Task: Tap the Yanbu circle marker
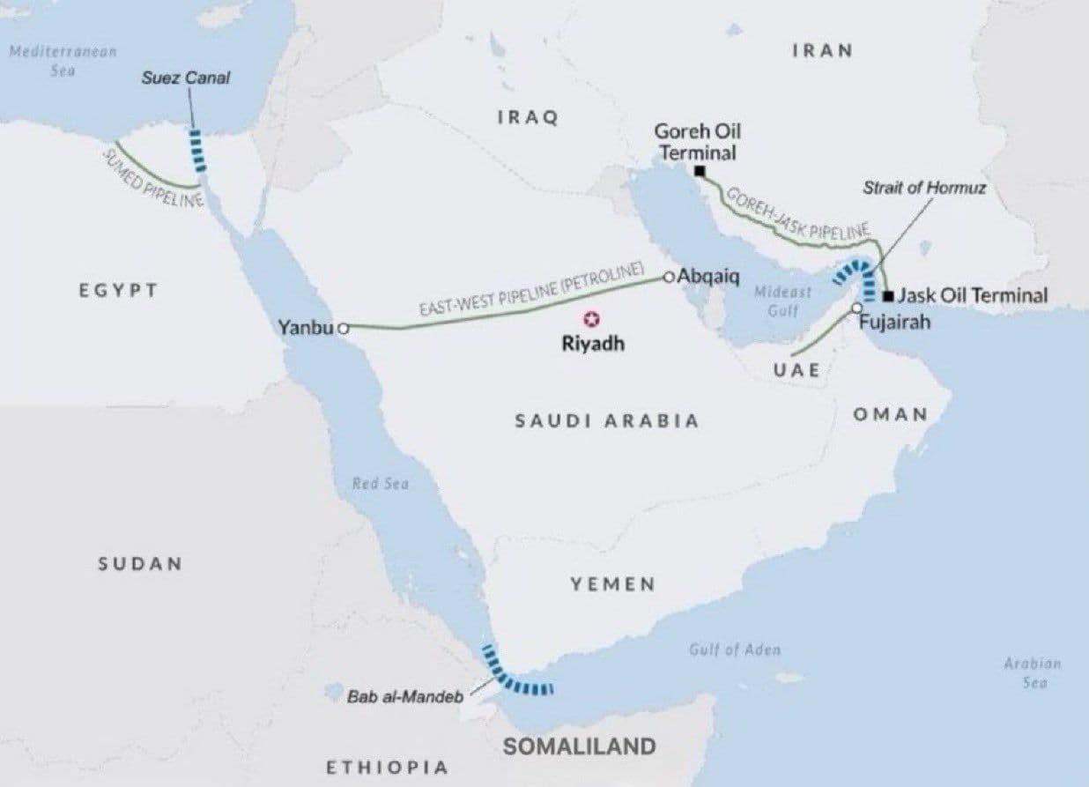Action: [x=344, y=328]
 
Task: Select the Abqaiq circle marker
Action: [x=669, y=277]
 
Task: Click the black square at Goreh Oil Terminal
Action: [x=699, y=171]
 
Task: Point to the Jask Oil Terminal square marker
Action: [x=888, y=295]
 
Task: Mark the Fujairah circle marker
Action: [x=856, y=308]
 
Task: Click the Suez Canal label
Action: [x=186, y=78]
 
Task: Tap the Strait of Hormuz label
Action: [x=924, y=188]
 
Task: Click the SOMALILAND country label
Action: [x=579, y=746]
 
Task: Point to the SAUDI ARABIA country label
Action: [x=607, y=420]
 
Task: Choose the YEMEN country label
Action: [x=612, y=583]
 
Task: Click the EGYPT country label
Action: [x=118, y=290]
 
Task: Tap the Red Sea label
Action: [x=381, y=483]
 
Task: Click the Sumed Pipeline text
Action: [x=153, y=177]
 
